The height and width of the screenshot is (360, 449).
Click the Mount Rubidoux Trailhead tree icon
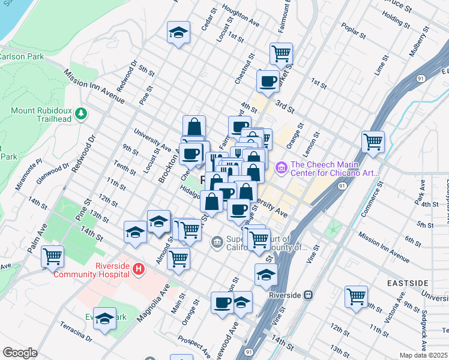(x=80, y=113)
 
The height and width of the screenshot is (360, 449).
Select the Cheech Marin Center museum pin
(x=280, y=167)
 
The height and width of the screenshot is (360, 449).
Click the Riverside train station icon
(x=307, y=295)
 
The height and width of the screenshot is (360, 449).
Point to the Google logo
(x=20, y=352)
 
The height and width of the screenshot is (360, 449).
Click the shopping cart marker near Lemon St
(x=373, y=142)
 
